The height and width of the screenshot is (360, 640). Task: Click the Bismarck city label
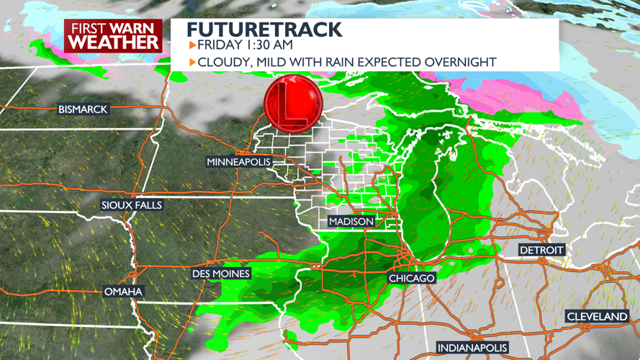[83, 109]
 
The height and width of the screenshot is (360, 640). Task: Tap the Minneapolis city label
[239, 162]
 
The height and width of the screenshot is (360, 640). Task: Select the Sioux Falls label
[132, 205]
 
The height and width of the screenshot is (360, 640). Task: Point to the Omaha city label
[123, 292]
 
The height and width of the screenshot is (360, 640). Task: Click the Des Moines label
[221, 274]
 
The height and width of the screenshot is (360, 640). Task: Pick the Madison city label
[351, 221]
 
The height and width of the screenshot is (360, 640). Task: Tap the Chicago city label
[412, 278]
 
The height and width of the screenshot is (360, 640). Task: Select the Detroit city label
[541, 250]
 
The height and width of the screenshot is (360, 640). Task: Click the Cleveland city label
[597, 317]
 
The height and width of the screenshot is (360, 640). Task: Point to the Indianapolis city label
[472, 348]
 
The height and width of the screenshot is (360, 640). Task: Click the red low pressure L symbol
[292, 104]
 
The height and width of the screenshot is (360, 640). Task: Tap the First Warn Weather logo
[114, 35]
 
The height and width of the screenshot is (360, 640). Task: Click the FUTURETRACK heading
[264, 30]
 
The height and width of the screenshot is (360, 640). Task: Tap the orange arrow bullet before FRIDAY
[192, 45]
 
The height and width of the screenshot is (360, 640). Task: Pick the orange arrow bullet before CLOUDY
[192, 62]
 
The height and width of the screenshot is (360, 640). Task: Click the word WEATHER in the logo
[114, 42]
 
